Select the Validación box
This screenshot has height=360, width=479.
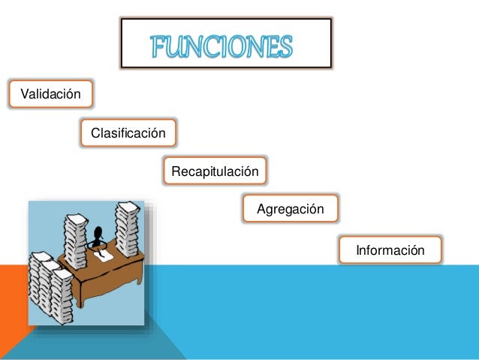click(x=50, y=95)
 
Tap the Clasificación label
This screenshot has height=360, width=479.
click(x=128, y=134)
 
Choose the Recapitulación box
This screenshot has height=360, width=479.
click(x=215, y=172)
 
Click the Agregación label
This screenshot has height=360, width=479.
click(x=291, y=209)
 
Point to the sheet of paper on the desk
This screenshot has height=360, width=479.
click(x=104, y=256)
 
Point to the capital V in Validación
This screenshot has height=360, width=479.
click(x=23, y=95)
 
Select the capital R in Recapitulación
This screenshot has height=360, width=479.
click(x=176, y=172)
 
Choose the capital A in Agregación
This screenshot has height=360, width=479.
click(x=261, y=209)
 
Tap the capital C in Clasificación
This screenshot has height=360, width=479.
click(x=95, y=134)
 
